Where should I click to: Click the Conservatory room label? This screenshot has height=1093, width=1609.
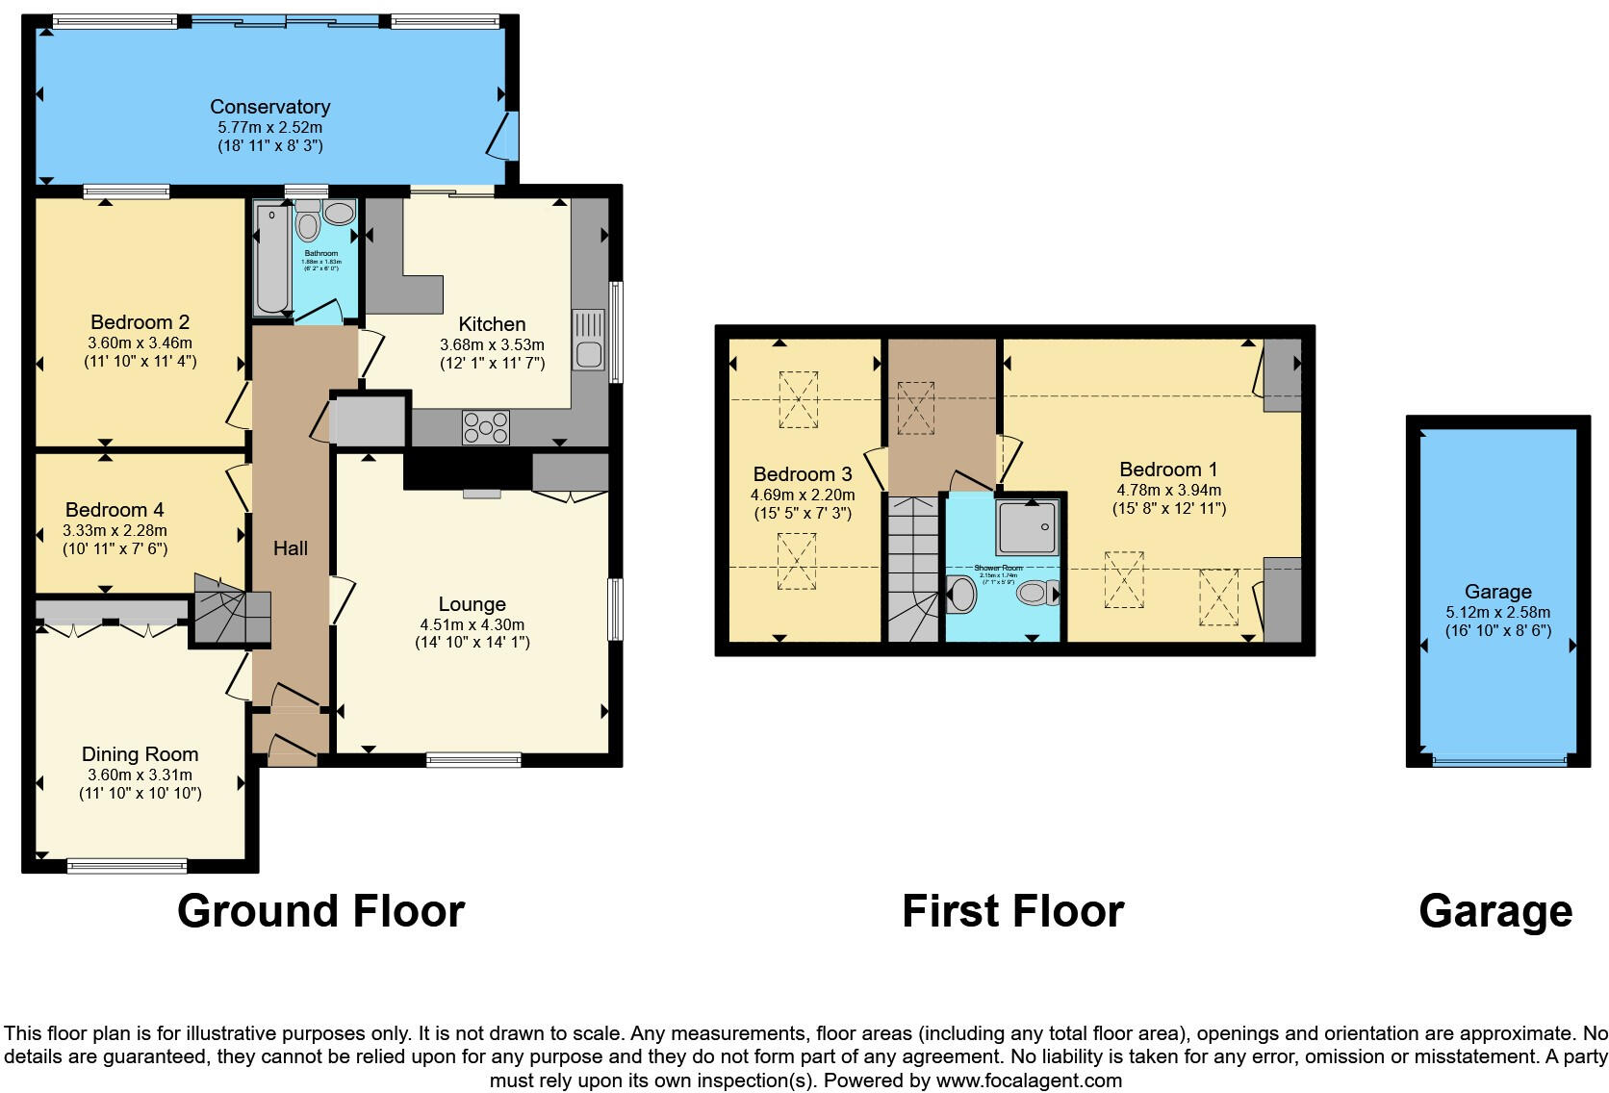pos(269,107)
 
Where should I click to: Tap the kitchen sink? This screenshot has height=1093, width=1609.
pos(588,340)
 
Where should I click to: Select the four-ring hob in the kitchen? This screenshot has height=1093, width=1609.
pos(486,427)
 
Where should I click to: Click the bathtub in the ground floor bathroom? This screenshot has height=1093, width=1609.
pos(271,258)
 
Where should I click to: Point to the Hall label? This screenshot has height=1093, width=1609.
pos(290,548)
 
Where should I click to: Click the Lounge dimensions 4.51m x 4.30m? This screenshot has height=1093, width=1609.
pos(472,624)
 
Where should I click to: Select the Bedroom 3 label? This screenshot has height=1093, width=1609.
pos(803,474)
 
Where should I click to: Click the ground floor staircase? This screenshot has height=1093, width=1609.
pos(230,610)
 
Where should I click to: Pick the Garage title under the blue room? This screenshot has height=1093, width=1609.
pos(1494,911)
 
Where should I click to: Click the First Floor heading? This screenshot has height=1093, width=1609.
pos(1012,911)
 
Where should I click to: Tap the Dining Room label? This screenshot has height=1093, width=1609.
pos(140,754)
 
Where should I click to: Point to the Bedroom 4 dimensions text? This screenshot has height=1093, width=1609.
pos(115,530)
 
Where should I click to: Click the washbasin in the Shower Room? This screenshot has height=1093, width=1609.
pos(960,595)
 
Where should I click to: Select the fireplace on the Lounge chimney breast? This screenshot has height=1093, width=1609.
pos(481,494)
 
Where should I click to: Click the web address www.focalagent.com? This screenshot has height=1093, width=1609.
pos(1028,1080)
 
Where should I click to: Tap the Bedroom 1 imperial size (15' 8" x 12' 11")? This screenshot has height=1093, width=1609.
pos(1168,508)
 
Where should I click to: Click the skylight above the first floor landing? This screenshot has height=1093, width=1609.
pos(915,407)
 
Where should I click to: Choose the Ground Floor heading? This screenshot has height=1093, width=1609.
pos(320,911)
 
